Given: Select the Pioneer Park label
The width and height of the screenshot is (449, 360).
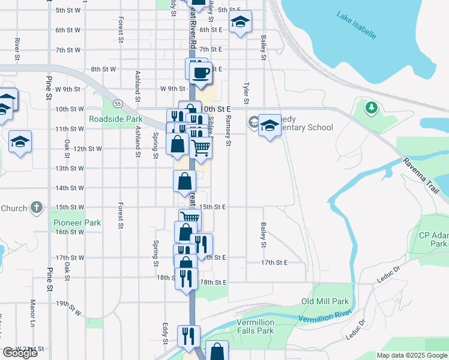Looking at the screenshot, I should coord(77,223).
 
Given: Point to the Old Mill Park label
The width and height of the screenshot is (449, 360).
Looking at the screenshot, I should coord(325,301).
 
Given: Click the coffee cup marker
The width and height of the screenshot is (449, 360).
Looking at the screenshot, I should coord(200,73).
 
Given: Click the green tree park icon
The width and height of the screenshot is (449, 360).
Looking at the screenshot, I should coord(372,107).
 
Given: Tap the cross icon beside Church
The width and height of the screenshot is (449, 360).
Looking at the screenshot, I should coord(36,208).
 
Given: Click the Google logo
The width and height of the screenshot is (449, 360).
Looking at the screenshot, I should coord(20,353).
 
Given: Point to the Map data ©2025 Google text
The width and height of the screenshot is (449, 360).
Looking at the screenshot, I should coord(412,355).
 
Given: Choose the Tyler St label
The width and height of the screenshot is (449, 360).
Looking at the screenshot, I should coord(246,93).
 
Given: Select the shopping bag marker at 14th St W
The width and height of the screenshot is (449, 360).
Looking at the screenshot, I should coord(185,181).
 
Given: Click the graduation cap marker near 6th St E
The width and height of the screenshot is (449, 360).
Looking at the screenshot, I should coord(241,23).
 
